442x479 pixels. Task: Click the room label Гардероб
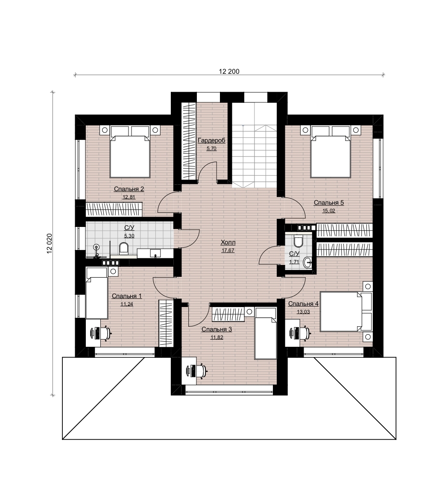click(x=211, y=140)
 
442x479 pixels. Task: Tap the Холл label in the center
click(x=228, y=243)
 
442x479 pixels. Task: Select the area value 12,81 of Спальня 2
click(x=129, y=197)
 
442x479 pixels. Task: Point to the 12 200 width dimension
click(x=229, y=72)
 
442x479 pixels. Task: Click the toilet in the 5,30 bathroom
click(x=123, y=248)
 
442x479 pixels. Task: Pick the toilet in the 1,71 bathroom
click(x=298, y=241)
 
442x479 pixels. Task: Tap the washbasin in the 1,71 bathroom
click(x=307, y=262)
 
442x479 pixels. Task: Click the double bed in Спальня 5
click(x=331, y=152)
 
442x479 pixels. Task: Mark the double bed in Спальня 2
click(x=130, y=152)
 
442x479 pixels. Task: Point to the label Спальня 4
click(x=303, y=304)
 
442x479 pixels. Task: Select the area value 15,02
click(x=329, y=210)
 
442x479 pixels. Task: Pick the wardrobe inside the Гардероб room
click(x=189, y=141)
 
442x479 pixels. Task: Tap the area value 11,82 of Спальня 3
click(x=217, y=337)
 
